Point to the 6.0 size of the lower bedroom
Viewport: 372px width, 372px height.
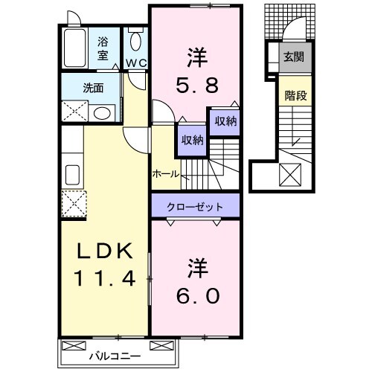coord(196,295)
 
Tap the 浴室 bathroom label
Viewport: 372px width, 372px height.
coord(103,48)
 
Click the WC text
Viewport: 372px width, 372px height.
coord(135,63)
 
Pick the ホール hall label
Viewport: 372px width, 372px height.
coord(164,173)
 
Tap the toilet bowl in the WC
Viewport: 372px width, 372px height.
coord(135,42)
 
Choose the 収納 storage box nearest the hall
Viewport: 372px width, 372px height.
coord(190,141)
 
